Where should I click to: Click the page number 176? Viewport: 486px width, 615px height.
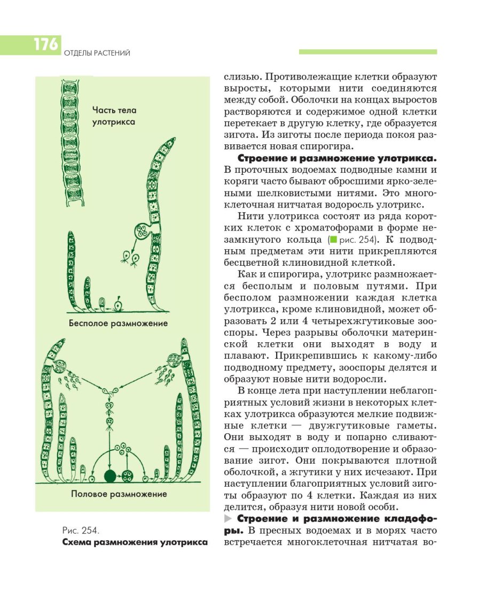(45, 44)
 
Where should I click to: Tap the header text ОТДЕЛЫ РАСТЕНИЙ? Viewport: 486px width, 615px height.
(97, 53)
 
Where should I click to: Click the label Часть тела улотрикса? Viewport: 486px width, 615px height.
(114, 116)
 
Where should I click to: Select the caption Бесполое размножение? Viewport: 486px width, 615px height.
(118, 323)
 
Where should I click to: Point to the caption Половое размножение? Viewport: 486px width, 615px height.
(119, 494)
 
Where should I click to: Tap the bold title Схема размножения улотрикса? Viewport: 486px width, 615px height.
(134, 542)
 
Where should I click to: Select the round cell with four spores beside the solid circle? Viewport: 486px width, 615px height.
(128, 475)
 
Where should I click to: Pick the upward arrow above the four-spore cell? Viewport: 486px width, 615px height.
(128, 460)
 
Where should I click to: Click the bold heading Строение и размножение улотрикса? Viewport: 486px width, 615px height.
(337, 159)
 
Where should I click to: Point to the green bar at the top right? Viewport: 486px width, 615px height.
(367, 52)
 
